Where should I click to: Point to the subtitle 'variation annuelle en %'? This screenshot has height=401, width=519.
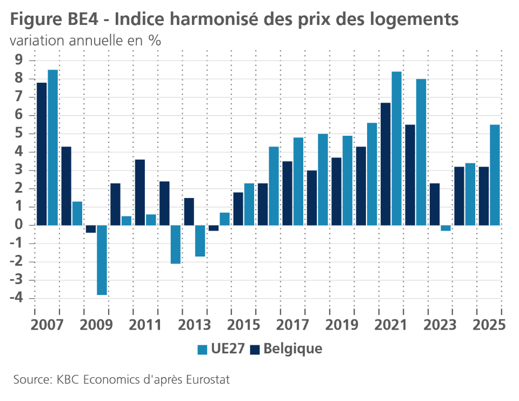[85, 41]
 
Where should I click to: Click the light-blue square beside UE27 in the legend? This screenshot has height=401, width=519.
[202, 350]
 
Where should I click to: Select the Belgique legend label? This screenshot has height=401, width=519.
[292, 349]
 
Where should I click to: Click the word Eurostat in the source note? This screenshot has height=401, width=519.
[208, 380]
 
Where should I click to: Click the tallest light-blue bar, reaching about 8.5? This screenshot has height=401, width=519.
[52, 147]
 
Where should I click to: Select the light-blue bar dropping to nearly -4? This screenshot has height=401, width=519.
[102, 260]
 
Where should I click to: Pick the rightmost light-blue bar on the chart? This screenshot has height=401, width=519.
[495, 175]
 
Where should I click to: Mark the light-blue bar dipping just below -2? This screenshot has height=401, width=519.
[175, 244]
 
